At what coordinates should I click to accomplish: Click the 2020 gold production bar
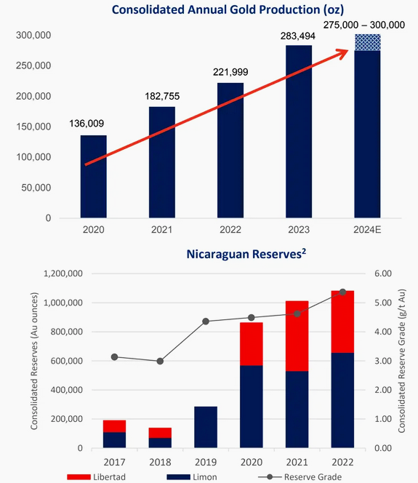pos(94,177)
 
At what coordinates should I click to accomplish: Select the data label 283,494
pos(297,36)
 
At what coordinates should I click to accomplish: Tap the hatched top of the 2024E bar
pos(368,42)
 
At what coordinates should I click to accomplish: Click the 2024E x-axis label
pos(367,230)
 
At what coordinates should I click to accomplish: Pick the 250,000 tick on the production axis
pos(33,65)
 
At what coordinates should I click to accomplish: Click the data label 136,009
pos(87,124)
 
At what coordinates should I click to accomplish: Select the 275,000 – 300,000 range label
pos(363,25)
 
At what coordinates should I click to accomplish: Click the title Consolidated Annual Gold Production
pos(228,9)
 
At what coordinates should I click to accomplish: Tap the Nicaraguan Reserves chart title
pos(246,254)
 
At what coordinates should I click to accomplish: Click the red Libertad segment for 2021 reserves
pos(297,336)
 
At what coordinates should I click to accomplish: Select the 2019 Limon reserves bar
pos(206,427)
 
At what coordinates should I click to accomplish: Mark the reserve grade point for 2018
pos(160,361)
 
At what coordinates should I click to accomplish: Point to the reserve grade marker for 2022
pos(342,292)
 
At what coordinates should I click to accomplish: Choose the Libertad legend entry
pos(97,477)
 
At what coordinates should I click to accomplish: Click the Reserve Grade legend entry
pos(300,477)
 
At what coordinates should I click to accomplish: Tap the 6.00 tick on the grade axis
pos(383,274)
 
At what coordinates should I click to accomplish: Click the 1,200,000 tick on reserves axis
pos(63,274)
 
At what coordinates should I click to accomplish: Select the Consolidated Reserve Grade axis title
pos(401,361)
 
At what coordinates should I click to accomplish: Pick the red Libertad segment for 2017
pos(115,426)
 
